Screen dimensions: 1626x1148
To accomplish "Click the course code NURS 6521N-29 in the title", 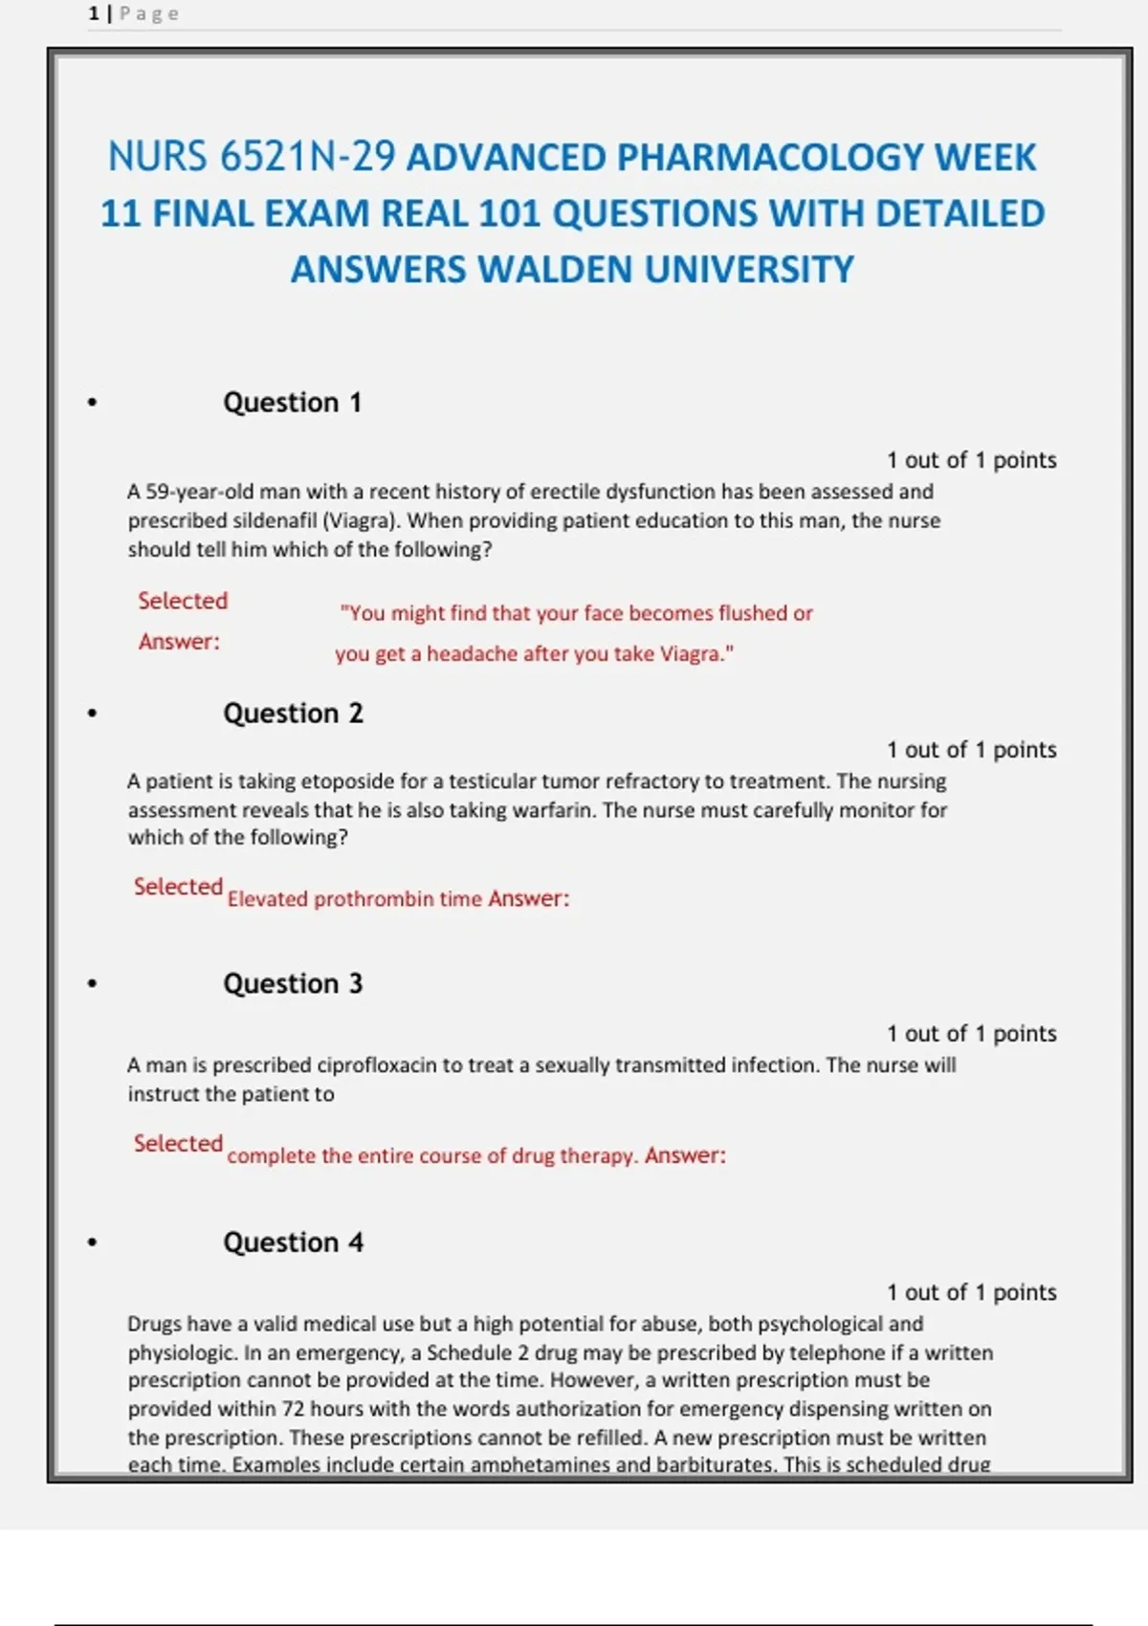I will click(251, 157).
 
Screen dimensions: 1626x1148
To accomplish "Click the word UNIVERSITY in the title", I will click(749, 270).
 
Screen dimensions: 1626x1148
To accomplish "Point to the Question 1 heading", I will click(292, 403).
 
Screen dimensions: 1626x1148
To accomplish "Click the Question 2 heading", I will click(293, 714).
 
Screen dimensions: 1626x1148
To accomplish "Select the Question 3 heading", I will click(293, 984).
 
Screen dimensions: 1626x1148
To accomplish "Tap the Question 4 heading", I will click(293, 1242).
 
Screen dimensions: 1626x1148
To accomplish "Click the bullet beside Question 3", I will click(92, 983).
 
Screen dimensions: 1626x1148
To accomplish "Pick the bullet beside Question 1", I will click(92, 403).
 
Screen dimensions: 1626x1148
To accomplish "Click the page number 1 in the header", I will click(94, 13).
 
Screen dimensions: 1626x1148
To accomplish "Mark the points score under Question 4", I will click(971, 1292).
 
